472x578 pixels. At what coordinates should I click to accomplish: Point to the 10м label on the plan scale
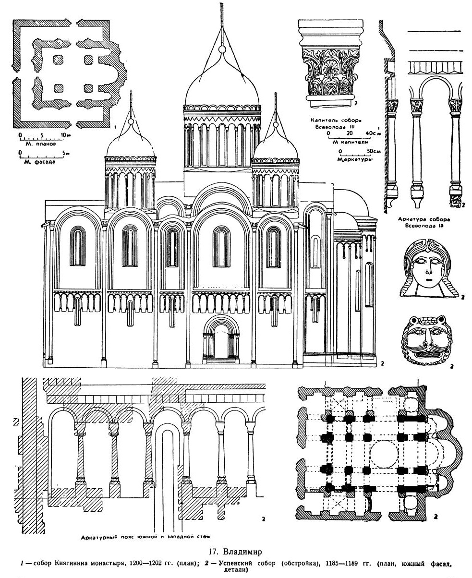65,135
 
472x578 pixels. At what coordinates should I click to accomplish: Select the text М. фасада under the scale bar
41,162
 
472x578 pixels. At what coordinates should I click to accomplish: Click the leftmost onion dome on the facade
130,143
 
